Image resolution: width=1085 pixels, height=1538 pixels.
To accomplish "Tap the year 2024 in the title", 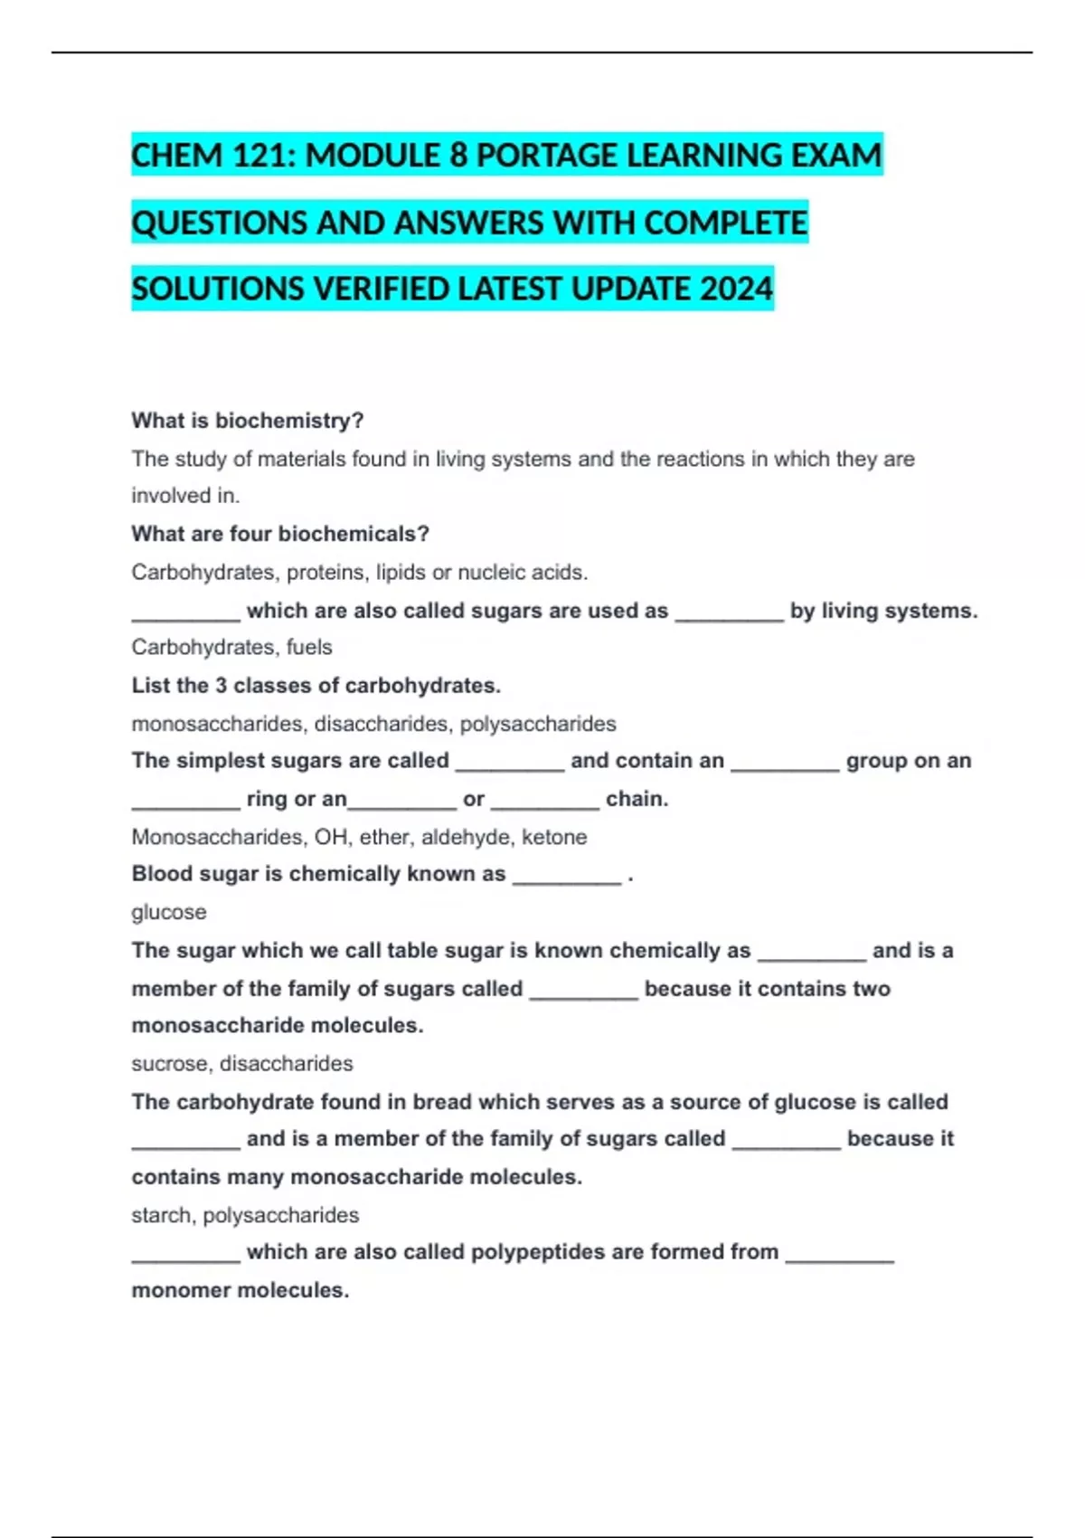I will click(736, 290).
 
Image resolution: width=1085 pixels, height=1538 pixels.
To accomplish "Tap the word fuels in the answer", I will click(309, 647).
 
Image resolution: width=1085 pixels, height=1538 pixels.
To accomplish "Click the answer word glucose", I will click(169, 912).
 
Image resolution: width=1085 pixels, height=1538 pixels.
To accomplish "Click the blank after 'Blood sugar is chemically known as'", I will click(567, 876).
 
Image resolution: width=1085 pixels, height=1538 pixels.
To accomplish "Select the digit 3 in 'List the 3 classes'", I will click(221, 686).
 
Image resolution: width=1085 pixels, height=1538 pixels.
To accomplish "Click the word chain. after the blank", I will click(637, 799).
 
